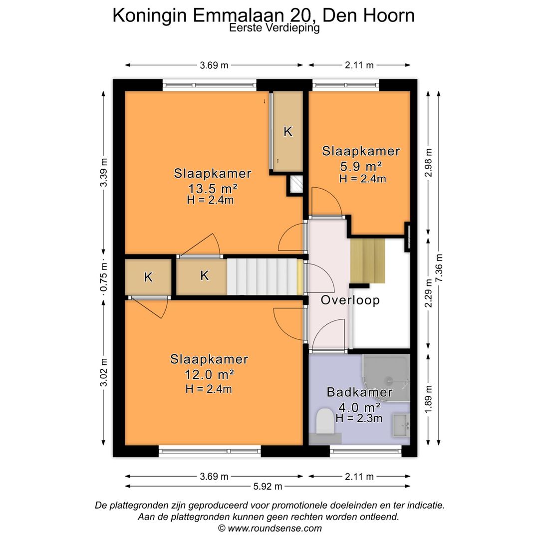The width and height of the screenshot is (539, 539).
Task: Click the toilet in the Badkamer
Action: click(325, 421)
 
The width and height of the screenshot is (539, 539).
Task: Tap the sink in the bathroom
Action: click(401, 425)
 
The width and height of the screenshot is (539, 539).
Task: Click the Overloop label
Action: click(350, 300)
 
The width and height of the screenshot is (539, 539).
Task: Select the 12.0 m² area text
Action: click(209, 375)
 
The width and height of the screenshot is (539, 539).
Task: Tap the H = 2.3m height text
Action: click(359, 418)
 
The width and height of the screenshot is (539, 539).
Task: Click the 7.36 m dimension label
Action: click(439, 269)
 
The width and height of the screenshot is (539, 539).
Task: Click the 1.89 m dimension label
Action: click(428, 399)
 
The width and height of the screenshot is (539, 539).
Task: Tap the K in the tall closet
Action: click(287, 132)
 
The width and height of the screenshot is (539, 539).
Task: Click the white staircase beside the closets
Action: click(262, 276)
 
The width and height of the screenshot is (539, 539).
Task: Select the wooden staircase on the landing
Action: click(368, 261)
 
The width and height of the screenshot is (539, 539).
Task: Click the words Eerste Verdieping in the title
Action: click(274, 28)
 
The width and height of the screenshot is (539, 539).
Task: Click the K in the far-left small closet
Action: click(148, 277)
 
